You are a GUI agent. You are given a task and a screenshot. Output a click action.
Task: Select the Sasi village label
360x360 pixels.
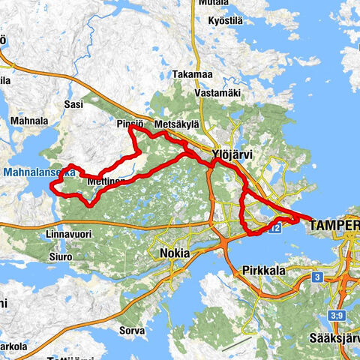tap(73, 105)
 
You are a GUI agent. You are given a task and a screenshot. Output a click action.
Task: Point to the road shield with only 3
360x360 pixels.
tap(318, 277)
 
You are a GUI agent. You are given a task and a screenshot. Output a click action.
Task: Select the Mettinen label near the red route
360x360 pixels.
tap(105, 181)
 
